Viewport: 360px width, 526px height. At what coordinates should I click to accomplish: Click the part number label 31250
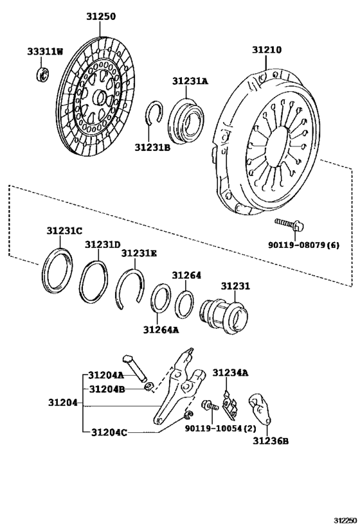pyautogui.click(x=101, y=17)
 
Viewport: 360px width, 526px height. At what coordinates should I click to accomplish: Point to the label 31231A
pyautogui.click(x=190, y=81)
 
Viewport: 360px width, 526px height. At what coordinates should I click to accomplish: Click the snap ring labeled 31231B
pyautogui.click(x=155, y=114)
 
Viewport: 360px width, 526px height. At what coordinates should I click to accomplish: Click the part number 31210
pyautogui.click(x=266, y=49)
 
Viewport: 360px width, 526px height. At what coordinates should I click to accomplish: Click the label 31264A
pyautogui.click(x=161, y=330)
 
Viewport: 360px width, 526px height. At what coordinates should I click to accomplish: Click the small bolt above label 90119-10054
pyautogui.click(x=210, y=407)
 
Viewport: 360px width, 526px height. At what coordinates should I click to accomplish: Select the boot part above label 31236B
pyautogui.click(x=260, y=409)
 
